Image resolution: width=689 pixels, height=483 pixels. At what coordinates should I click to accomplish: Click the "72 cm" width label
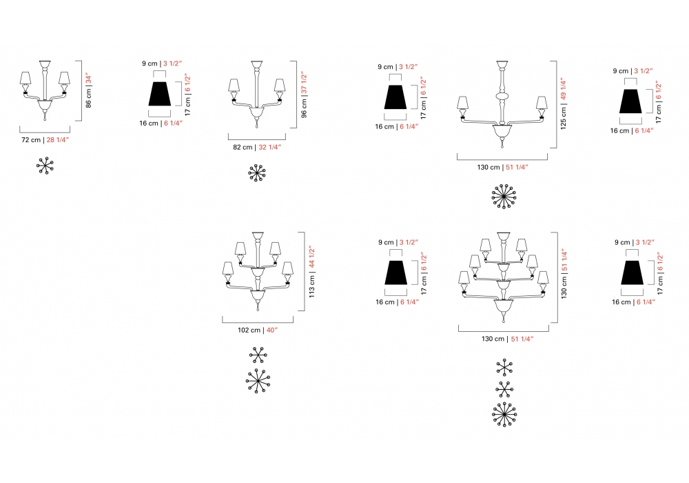point(31,140)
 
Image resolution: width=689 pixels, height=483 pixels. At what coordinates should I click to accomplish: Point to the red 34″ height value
point(88,79)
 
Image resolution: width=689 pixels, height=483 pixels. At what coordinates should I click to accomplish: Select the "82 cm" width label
point(243,148)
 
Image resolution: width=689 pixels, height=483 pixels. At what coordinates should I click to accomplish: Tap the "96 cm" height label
point(304,108)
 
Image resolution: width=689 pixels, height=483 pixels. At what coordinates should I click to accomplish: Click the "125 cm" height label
point(564,118)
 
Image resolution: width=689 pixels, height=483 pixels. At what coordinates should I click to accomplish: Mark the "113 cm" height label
point(311,286)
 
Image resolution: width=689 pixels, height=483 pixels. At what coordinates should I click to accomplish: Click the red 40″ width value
point(272,330)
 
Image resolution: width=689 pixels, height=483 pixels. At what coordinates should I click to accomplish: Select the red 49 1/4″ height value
point(564,90)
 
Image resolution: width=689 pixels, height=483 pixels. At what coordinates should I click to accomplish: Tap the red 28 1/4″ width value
point(58,140)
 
